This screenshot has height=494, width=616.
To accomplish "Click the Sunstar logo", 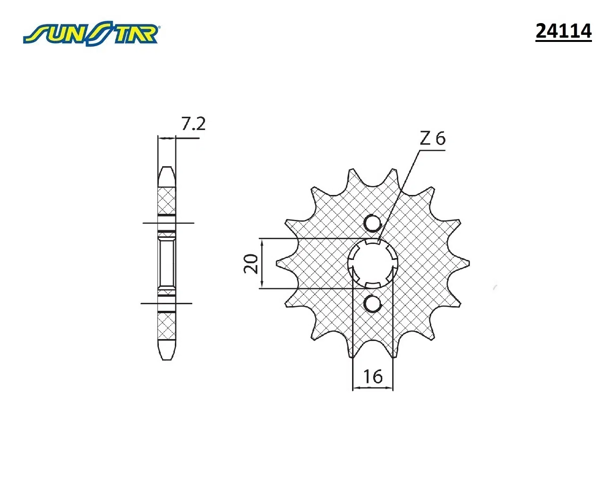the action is [x=91, y=33].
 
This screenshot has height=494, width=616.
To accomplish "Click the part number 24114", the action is [x=563, y=31].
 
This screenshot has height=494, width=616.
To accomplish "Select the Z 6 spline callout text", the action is [x=433, y=138].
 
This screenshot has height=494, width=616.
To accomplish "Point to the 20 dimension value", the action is [x=251, y=263].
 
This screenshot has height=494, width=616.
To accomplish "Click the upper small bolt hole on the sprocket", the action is [x=372, y=223].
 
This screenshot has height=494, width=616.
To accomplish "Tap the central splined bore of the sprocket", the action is [x=372, y=263].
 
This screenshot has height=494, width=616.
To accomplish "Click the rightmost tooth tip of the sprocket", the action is [x=468, y=263].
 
